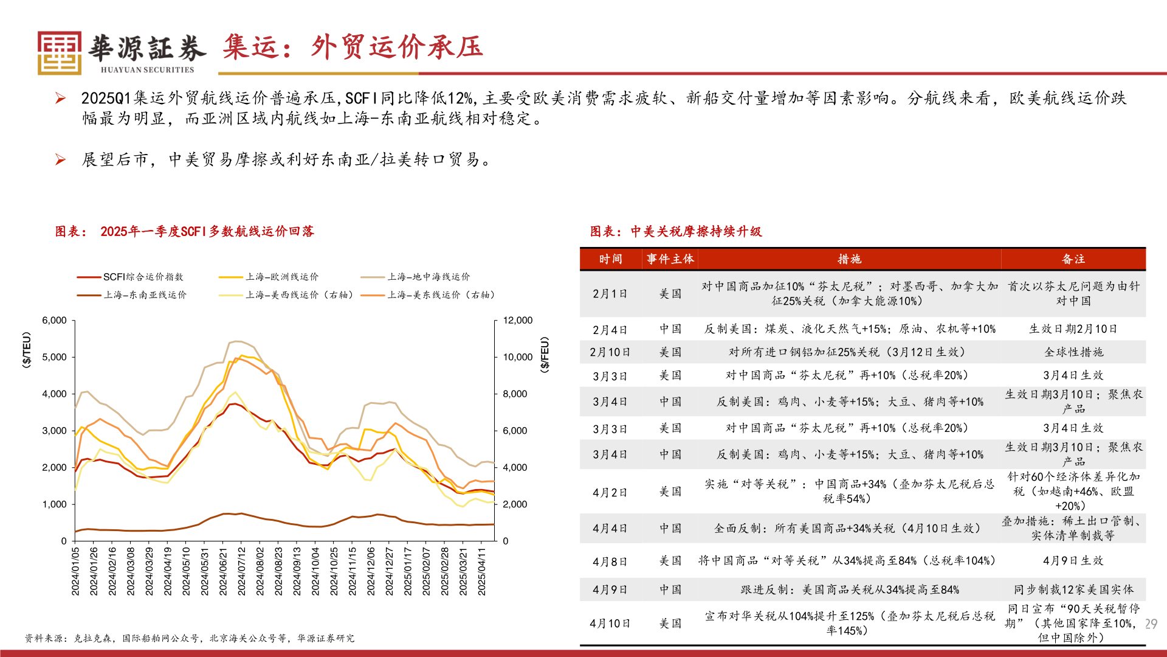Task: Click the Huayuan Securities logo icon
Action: (59, 53)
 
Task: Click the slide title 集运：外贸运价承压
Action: (353, 47)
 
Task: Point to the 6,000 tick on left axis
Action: (54, 321)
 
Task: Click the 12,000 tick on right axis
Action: (517, 321)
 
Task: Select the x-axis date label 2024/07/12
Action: (241, 571)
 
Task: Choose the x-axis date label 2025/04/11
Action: (481, 571)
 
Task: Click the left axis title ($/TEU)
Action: (26, 350)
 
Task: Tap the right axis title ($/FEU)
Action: (545, 355)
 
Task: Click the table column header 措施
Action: (849, 259)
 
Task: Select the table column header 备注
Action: (1073, 259)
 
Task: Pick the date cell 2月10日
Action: (610, 352)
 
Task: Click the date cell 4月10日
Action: (610, 624)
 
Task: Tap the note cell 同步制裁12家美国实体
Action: (1073, 589)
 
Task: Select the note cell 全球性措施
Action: (1073, 352)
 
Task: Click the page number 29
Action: (1151, 624)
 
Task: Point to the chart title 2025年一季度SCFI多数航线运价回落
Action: (207, 231)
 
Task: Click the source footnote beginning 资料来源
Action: (189, 638)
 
